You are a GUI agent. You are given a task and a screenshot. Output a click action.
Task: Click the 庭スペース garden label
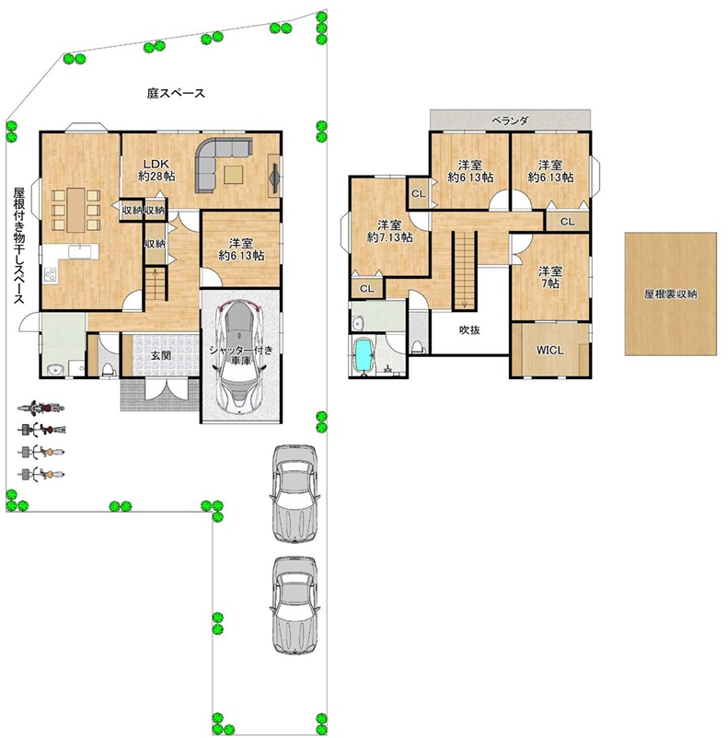pos(176,93)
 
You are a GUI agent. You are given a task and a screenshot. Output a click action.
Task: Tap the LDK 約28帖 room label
pos(156,170)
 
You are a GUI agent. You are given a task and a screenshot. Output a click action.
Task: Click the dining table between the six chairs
pos(75,210)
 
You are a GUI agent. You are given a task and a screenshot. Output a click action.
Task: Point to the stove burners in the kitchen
pos(50,274)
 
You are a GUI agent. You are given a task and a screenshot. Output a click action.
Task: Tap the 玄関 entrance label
pos(160,355)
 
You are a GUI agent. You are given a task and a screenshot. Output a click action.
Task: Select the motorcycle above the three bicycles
pos(41,407)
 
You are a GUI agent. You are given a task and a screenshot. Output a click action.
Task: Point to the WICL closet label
pos(549,351)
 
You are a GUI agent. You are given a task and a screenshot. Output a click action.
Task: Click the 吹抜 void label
pos(469,330)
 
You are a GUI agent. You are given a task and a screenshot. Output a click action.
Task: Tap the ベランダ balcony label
pos(510,121)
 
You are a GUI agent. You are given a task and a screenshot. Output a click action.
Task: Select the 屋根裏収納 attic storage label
pos(670,294)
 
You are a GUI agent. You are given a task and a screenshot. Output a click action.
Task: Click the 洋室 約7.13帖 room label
pos(389,231)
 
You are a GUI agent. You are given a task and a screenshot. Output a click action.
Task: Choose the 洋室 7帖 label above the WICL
pos(550,277)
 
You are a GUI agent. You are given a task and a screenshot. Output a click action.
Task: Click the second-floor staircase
pos(465,271)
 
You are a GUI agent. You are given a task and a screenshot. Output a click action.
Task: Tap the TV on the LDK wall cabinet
pos(274,176)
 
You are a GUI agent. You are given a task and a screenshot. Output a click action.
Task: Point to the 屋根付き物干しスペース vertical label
pos(18,246)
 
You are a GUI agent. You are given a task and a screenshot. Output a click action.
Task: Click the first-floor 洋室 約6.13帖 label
pos(241,249)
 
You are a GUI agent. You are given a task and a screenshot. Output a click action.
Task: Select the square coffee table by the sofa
pos(234,175)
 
